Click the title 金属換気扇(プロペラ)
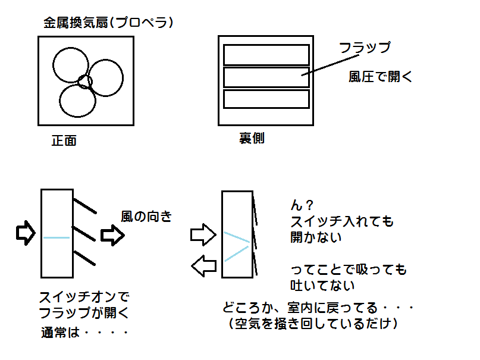pos(108,23)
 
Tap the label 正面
pos(64,142)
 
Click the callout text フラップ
pos(364,48)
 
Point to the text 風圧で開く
pos(380,77)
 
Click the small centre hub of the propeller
pos(85,82)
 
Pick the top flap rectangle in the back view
pos(266,55)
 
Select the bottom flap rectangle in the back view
pos(266,98)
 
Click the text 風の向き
pos(146,217)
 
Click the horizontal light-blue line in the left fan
pos(57,238)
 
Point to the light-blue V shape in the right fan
pos(237,246)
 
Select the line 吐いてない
pos(322,286)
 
